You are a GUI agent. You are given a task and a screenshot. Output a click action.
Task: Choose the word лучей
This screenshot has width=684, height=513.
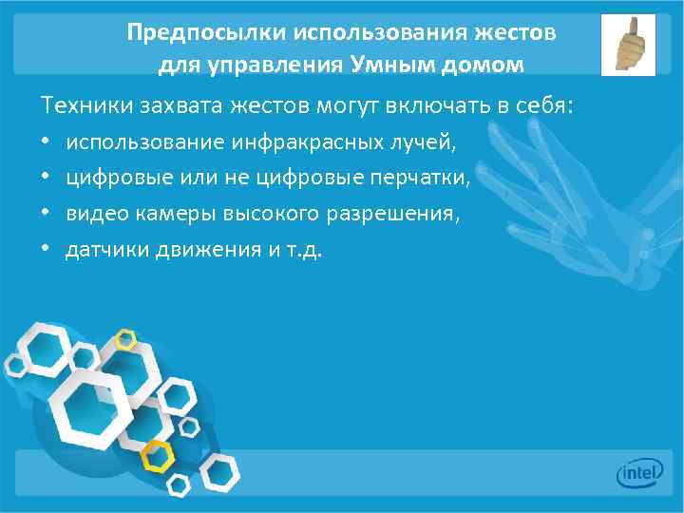point(426,143)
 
